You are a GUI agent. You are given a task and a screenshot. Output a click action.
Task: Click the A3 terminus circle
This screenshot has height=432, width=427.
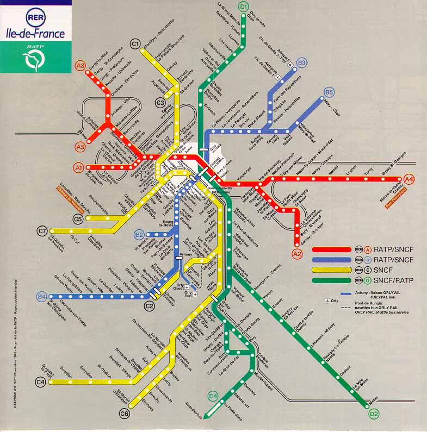81,66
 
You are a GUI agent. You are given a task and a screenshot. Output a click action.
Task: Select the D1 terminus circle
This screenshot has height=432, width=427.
243,7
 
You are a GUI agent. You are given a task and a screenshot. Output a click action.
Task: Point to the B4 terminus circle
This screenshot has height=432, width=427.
42,297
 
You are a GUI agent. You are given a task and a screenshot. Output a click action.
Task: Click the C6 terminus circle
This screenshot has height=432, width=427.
125,414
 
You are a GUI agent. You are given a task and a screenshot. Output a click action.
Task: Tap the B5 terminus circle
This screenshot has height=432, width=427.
330,92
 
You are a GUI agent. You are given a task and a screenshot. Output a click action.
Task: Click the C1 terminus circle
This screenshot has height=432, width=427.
135,44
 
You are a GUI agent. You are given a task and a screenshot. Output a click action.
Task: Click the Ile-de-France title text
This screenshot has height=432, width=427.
35,34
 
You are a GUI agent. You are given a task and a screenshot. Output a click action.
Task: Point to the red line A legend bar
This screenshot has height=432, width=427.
332,250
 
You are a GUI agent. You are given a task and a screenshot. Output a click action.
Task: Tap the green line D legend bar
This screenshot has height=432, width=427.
332,280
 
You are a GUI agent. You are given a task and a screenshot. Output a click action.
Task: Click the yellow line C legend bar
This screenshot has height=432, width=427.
332,271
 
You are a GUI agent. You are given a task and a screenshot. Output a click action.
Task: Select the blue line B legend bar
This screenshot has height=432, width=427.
332,260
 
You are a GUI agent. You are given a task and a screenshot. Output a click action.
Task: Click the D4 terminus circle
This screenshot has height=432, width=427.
213,395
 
